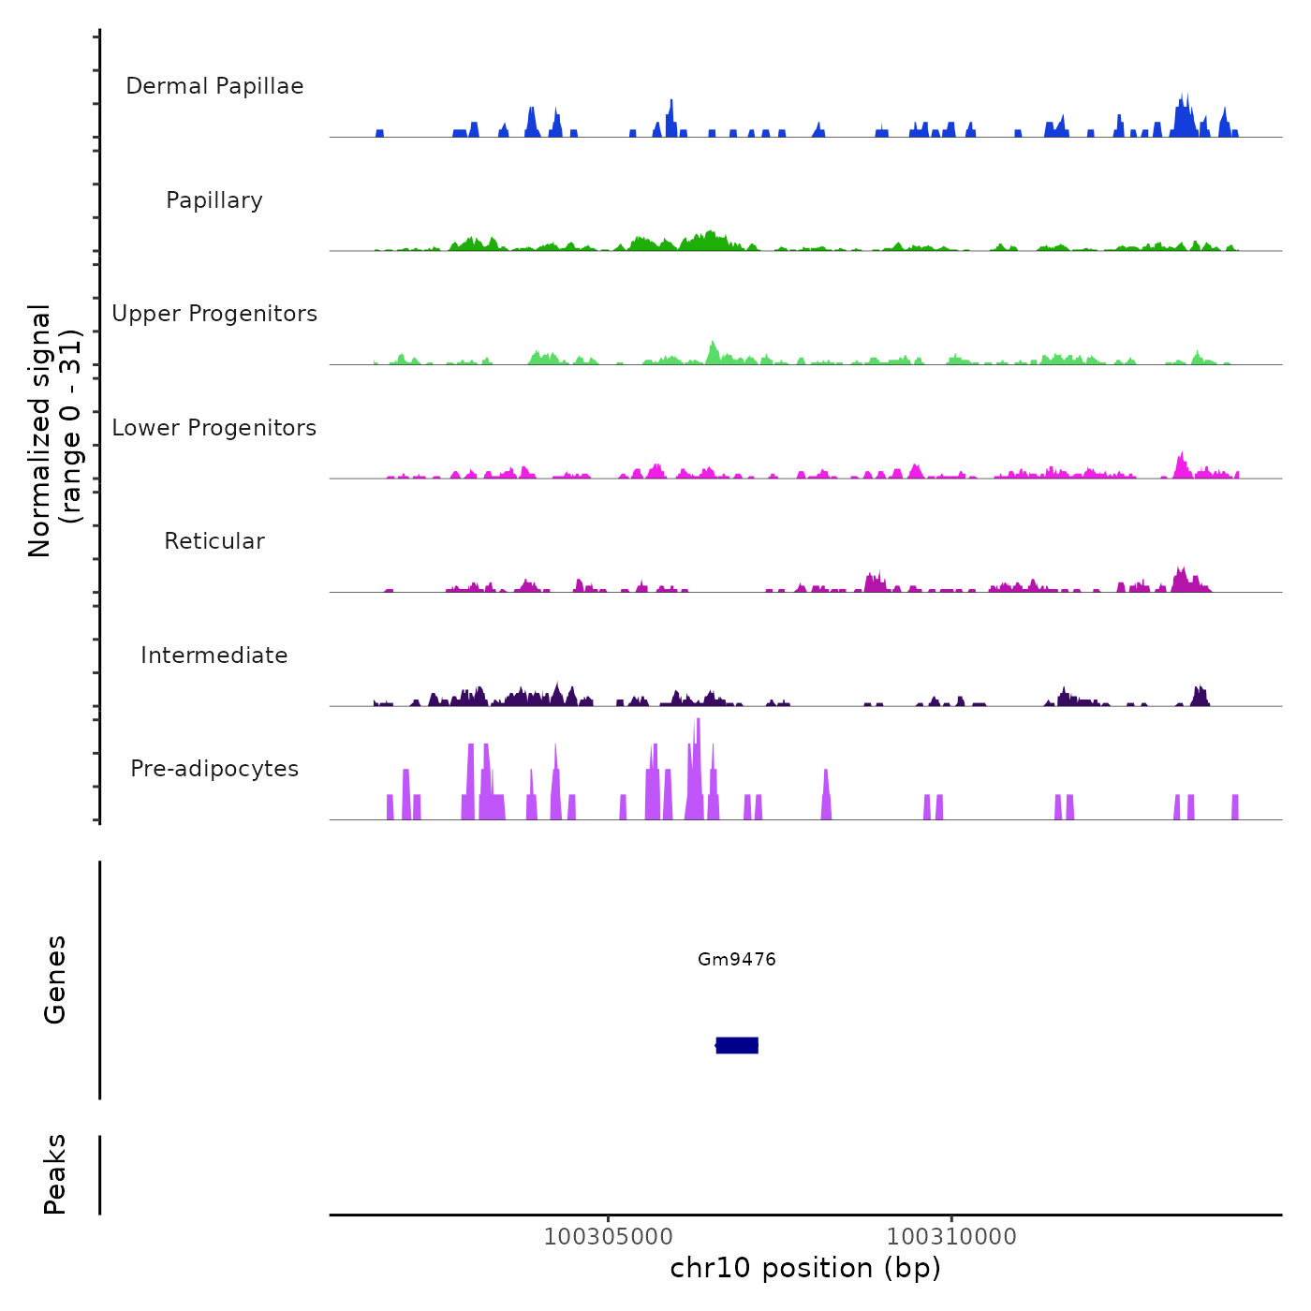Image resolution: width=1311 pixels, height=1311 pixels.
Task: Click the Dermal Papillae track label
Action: pyautogui.click(x=214, y=86)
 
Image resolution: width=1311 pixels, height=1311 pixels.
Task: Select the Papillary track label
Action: pyautogui.click(x=214, y=200)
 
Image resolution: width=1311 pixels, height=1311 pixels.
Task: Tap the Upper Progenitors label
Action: pyautogui.click(x=214, y=314)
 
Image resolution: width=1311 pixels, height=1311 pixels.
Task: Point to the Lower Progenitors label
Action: pyautogui.click(x=214, y=428)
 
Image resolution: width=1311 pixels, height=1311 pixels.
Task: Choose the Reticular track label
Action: pyautogui.click(x=214, y=541)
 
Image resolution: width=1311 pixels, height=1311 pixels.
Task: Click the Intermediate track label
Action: pyautogui.click(x=214, y=655)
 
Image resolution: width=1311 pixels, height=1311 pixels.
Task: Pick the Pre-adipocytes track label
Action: pyautogui.click(x=214, y=769)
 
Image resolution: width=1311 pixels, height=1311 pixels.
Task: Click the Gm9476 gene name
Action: pyautogui.click(x=737, y=959)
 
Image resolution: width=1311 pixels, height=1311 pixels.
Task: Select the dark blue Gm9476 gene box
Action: pyautogui.click(x=737, y=1045)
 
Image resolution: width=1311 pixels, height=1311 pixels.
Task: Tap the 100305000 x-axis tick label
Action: pyautogui.click(x=609, y=1236)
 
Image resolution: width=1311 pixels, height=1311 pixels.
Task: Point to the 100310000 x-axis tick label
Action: pyautogui.click(x=951, y=1236)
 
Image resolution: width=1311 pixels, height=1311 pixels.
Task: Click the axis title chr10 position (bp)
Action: pyautogui.click(x=805, y=1268)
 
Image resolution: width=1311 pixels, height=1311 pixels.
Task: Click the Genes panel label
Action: pyautogui.click(x=55, y=979)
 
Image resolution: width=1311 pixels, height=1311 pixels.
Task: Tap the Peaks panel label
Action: pyautogui.click(x=55, y=1173)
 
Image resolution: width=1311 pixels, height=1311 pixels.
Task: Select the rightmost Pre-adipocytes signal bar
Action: pyautogui.click(x=1235, y=807)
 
